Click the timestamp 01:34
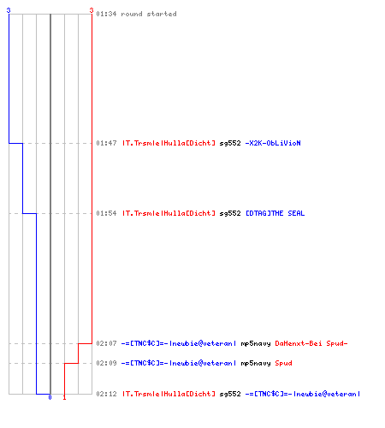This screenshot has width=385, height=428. (106, 14)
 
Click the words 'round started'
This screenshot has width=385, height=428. (149, 14)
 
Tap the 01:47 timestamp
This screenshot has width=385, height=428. (106, 143)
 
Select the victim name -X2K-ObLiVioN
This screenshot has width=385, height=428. (273, 143)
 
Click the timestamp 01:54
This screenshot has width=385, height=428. (106, 213)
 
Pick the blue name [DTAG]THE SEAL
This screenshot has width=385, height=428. (275, 213)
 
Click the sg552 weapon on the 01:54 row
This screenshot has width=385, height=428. (230, 213)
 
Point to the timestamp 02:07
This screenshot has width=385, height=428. (106, 343)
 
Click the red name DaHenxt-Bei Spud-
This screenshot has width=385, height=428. (311, 343)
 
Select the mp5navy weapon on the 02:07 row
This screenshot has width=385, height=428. (256, 343)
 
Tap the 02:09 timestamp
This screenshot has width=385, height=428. (106, 363)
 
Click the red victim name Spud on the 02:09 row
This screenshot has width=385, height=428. (283, 363)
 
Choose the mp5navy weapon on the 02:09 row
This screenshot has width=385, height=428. (256, 363)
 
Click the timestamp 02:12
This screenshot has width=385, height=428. (106, 394)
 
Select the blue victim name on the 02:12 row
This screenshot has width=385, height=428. (302, 394)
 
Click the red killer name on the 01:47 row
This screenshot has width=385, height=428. (169, 143)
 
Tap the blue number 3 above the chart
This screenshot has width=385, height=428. (9, 10)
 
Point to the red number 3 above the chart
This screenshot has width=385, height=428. (92, 10)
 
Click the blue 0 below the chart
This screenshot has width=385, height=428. (50, 397)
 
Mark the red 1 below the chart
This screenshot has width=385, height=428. (64, 397)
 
